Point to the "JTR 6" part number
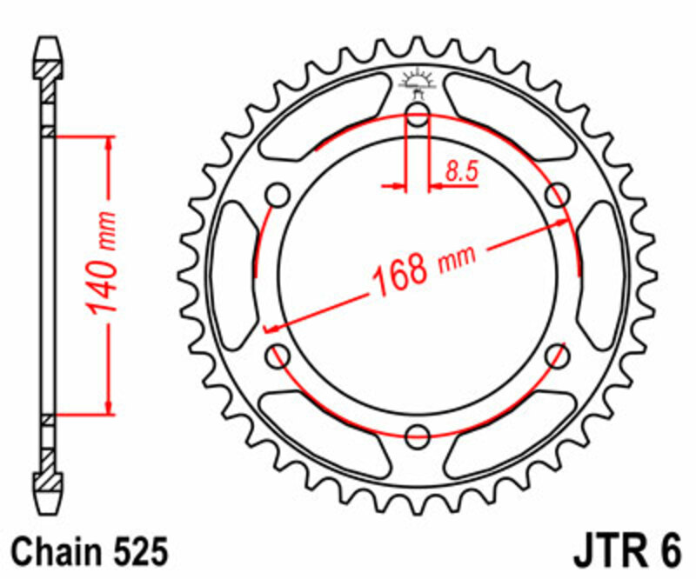pyautogui.click(x=625, y=553)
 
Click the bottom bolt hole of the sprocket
pyautogui.click(x=418, y=434)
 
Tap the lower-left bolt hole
pyautogui.click(x=279, y=355)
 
